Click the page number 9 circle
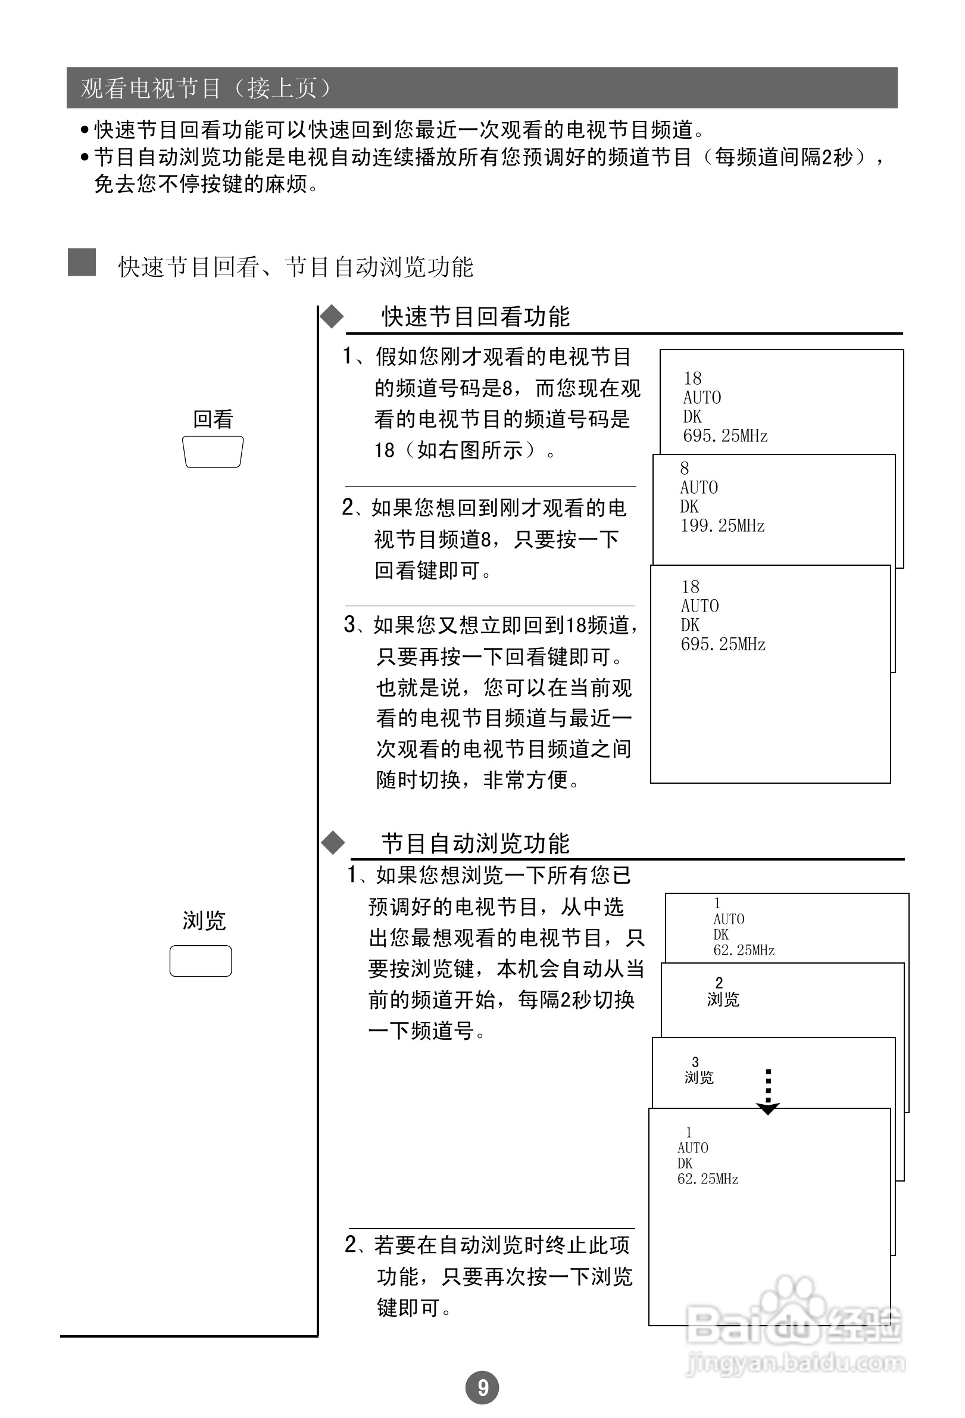(x=482, y=1388)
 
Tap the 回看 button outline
(x=213, y=452)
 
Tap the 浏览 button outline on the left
(x=201, y=961)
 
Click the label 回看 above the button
(x=213, y=419)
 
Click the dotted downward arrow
(x=768, y=1093)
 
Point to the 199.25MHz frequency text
(x=722, y=525)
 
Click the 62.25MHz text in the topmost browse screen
(x=744, y=950)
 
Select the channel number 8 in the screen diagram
(x=685, y=468)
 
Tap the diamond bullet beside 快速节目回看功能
(x=332, y=317)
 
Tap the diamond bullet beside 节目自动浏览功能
(x=333, y=843)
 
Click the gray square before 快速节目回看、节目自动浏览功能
(x=82, y=263)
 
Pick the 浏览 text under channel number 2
(x=723, y=999)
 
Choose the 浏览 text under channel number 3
(x=698, y=1077)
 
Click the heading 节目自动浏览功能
(x=475, y=843)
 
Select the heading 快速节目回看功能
(x=475, y=317)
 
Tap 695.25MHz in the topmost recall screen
(x=724, y=436)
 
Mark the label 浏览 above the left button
(x=204, y=920)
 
